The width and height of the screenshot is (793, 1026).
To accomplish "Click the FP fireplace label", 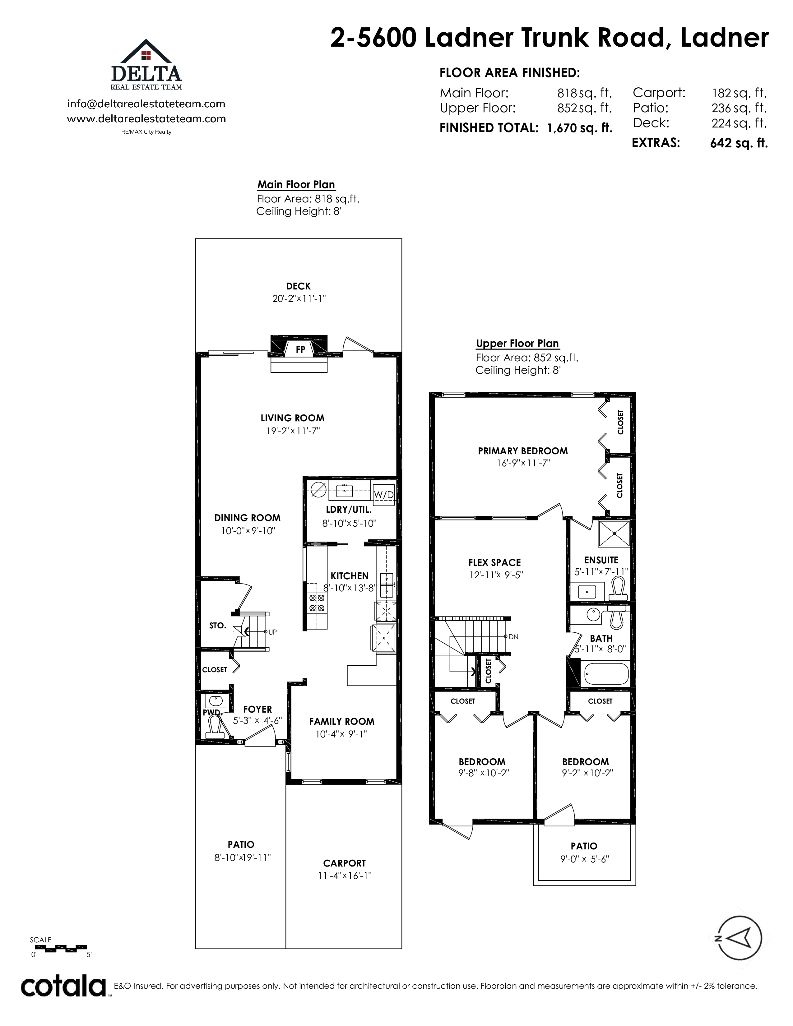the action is coord(300,349).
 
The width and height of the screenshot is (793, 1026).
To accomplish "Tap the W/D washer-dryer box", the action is coord(384,494).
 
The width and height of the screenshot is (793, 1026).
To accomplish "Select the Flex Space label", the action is coord(495,562).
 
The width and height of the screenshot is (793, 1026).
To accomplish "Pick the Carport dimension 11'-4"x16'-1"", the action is coord(345,875).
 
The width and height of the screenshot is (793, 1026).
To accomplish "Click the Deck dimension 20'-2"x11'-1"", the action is coord(299,298).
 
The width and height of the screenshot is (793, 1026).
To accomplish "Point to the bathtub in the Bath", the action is coord(606,675).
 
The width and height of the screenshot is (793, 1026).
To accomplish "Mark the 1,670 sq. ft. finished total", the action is coord(580,128).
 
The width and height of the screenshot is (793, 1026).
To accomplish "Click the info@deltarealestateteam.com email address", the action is coord(146,104).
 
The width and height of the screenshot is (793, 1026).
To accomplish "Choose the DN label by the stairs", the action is coord(513,637).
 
